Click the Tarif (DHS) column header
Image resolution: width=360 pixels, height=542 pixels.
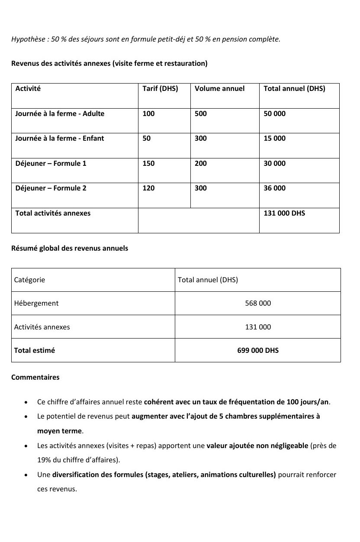(160, 89)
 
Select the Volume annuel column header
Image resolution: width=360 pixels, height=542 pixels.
(219, 89)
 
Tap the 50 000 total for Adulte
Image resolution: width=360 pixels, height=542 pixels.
(274, 114)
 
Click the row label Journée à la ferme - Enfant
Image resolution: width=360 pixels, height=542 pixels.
(60, 139)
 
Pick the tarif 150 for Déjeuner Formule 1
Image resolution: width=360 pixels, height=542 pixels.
(148, 164)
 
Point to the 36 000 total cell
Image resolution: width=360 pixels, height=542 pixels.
(274, 188)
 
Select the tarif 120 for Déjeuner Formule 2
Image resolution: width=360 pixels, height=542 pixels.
(148, 188)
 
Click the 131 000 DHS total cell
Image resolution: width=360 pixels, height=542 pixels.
(284, 213)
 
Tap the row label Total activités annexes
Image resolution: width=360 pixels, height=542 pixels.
(53, 213)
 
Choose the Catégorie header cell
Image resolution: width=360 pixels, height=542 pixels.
(29, 280)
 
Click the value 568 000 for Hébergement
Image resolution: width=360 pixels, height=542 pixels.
(258, 303)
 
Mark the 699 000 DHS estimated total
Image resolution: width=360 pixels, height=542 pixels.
(258, 351)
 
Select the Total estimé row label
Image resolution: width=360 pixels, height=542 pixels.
(35, 351)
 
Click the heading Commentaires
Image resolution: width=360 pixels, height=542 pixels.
(35, 377)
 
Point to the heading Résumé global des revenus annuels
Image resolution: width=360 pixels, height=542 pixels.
(70, 249)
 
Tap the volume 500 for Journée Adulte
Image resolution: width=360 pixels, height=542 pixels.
(201, 114)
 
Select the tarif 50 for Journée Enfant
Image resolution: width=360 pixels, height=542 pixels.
(147, 139)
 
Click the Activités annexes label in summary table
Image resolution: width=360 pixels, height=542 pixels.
(42, 327)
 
